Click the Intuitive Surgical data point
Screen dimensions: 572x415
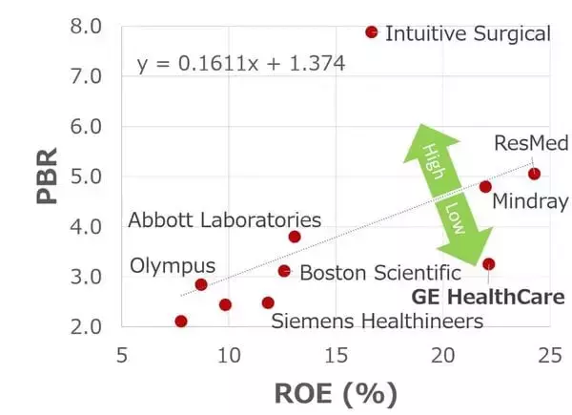(x=372, y=32)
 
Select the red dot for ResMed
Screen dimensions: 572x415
(x=534, y=174)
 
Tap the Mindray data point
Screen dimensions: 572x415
(x=485, y=187)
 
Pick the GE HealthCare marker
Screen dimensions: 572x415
(x=488, y=264)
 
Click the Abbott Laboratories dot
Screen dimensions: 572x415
(x=295, y=237)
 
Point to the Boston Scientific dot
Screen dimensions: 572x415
(x=284, y=271)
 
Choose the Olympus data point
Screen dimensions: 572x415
(x=201, y=284)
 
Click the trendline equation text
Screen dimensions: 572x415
(x=241, y=64)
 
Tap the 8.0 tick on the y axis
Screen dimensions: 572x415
(x=86, y=27)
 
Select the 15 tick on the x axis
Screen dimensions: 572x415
(x=336, y=355)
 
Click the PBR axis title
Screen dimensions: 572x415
(x=47, y=176)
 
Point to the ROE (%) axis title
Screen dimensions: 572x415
(x=336, y=394)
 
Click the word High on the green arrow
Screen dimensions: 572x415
(x=434, y=161)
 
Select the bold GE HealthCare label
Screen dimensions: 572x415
(x=488, y=297)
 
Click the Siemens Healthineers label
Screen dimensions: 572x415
(x=378, y=322)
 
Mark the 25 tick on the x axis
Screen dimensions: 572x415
(x=550, y=355)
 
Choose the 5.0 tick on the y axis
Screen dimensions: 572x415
(x=86, y=176)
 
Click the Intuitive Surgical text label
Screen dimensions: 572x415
(x=468, y=33)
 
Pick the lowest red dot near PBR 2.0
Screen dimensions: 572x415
(x=181, y=322)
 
